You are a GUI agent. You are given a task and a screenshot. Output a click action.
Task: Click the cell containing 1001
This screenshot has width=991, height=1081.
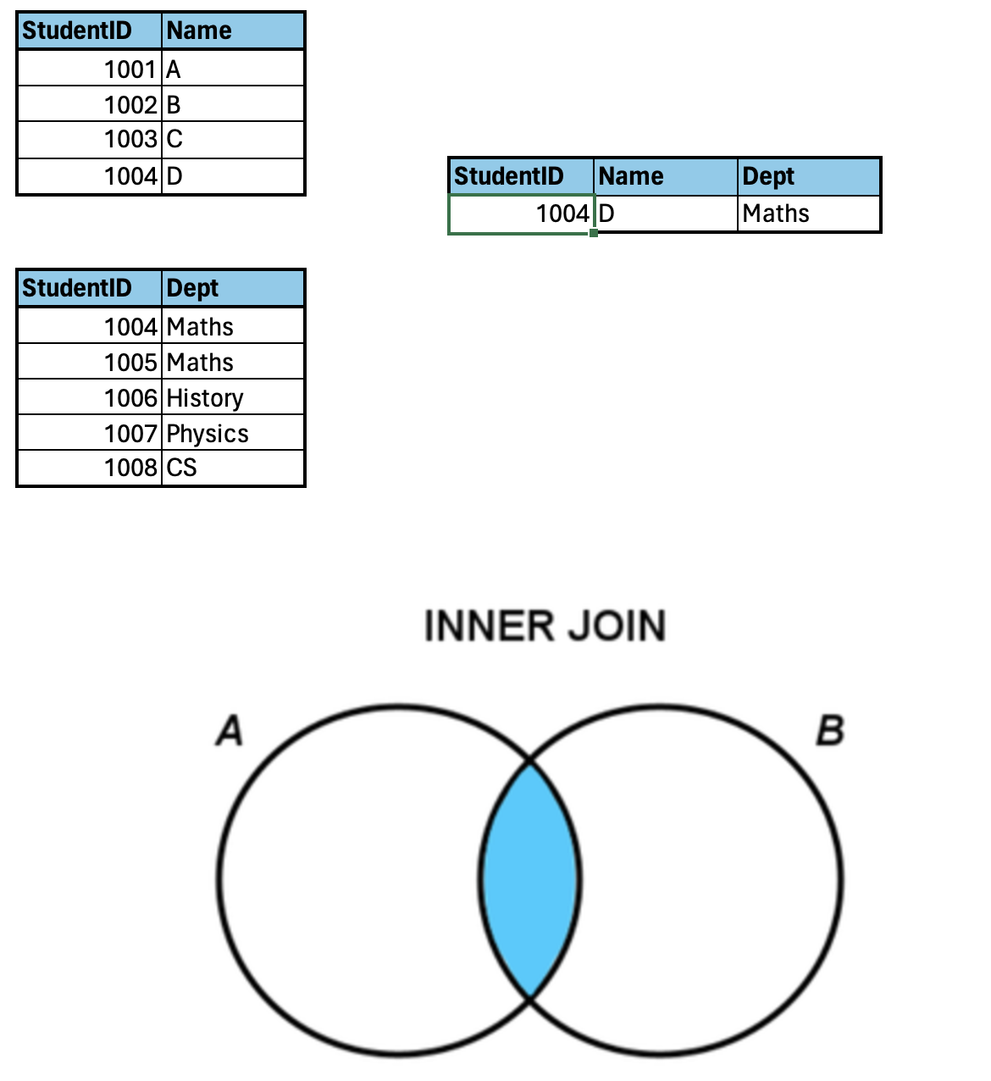90,69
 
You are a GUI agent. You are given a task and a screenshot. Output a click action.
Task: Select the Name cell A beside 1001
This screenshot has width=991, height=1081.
232,69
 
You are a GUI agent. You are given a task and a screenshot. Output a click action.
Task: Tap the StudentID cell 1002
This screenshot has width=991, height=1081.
90,104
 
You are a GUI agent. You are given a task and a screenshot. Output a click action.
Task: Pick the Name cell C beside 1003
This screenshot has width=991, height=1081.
232,139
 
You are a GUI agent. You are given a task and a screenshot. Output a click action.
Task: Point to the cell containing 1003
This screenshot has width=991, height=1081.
90,139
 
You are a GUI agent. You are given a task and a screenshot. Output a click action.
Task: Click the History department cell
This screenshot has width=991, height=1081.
232,397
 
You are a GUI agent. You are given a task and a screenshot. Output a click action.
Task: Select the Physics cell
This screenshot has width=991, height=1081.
232,433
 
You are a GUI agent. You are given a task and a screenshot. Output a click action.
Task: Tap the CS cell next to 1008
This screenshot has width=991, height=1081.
232,468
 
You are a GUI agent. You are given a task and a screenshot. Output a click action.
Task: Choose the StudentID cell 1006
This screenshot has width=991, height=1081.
90,397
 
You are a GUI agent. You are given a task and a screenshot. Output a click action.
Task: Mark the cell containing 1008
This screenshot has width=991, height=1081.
90,468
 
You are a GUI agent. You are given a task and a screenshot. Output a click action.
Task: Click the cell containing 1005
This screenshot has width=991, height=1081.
90,362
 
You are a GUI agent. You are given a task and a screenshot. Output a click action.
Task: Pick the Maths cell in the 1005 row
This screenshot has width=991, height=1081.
232,362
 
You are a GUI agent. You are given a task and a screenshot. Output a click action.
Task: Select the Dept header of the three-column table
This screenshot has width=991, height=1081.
808,176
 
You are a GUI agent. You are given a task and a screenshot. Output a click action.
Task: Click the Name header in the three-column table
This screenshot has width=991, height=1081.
665,176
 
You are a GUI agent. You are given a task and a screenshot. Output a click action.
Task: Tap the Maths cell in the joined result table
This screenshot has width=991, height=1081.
808,213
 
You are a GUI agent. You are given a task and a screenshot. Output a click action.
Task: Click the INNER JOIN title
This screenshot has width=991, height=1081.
545,627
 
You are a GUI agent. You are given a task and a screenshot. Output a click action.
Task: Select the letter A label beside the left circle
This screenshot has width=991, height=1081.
229,730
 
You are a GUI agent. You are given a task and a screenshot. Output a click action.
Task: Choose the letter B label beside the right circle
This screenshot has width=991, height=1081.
830,730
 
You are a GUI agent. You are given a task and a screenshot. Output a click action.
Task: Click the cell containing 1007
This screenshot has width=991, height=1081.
90,433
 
